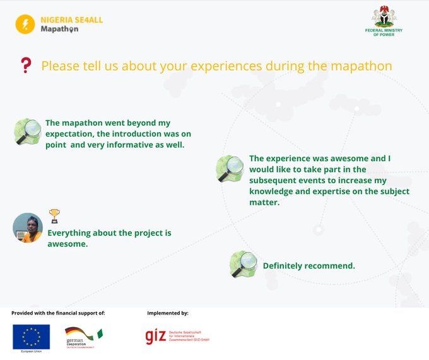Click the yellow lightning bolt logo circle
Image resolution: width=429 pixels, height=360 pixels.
pos(25,24)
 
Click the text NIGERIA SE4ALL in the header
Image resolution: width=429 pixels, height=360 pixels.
pos(71,20)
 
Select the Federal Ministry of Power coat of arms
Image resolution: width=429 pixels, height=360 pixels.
pos(384,16)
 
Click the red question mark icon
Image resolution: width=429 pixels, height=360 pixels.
pos(26,65)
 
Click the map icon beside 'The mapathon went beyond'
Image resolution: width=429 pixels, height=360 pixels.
pos(27,131)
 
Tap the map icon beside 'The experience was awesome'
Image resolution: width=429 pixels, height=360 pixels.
pos(230,169)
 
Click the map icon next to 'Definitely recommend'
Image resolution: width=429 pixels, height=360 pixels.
pos(243,264)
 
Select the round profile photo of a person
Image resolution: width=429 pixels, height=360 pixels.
pos(28,227)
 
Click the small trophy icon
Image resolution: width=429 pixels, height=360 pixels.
pos(54,216)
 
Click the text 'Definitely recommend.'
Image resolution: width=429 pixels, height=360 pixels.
pos(309,266)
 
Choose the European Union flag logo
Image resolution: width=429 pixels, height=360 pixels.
pos(31,337)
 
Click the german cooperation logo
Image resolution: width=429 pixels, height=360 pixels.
pos(82,337)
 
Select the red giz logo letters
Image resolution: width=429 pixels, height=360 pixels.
pos(155,336)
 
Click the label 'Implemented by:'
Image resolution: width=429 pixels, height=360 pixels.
pos(168,313)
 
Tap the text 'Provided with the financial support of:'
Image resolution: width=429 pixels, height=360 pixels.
pos(58,313)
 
